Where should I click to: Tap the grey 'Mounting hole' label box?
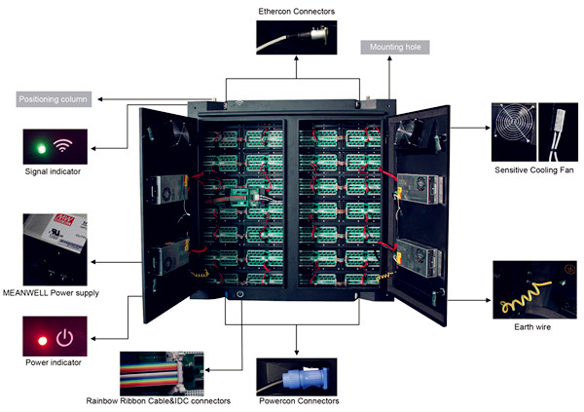pos(393,46)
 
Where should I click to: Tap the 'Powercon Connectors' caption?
pos(300,400)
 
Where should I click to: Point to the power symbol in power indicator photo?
pos(65,338)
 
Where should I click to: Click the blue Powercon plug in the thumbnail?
pos(291,375)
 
